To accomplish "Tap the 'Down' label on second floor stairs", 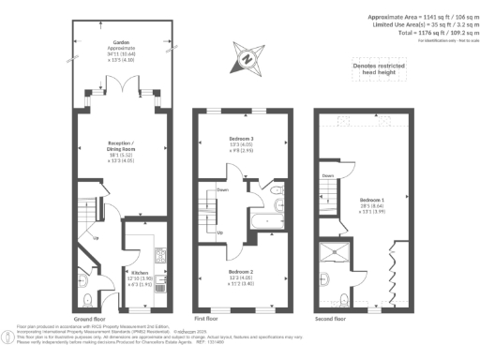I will click(328, 175).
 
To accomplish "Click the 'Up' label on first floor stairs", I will click(219, 232).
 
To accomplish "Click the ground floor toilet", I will click(87, 298).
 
